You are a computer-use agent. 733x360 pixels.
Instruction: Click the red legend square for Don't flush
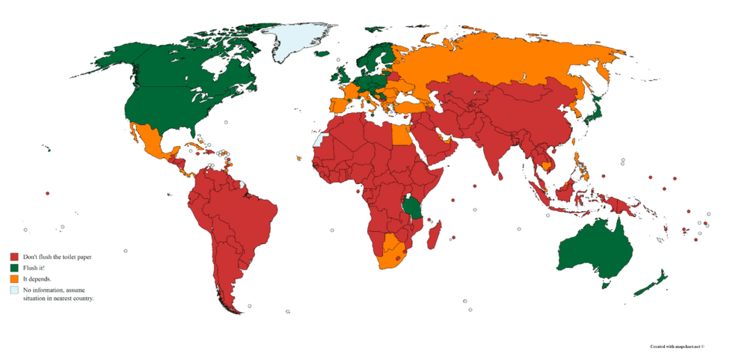click(13, 257)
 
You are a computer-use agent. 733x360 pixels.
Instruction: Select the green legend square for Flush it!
click(13, 267)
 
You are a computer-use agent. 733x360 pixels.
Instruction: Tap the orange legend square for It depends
click(13, 278)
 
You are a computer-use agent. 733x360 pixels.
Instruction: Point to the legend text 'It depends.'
click(37, 278)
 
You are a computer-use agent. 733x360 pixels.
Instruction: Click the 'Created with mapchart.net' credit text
click(677, 347)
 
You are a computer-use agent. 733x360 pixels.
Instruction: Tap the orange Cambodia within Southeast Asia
click(548, 165)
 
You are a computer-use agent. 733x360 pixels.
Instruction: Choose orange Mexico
click(150, 142)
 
